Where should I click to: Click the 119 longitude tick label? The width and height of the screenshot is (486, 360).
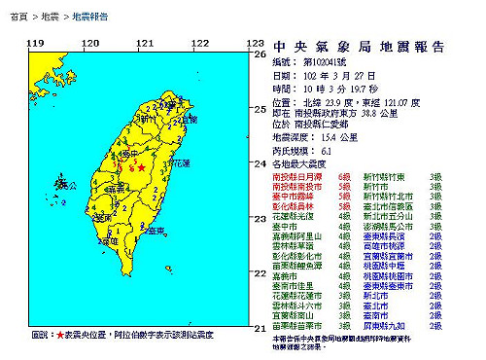click(36, 44)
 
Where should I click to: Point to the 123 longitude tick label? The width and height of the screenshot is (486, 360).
click(255, 44)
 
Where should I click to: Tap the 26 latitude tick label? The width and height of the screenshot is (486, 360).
click(260, 54)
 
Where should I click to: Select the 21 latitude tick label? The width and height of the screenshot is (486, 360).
click(260, 329)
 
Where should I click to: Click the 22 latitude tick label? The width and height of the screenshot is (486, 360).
click(260, 274)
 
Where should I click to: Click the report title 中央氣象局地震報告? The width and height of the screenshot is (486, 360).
click(361, 46)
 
